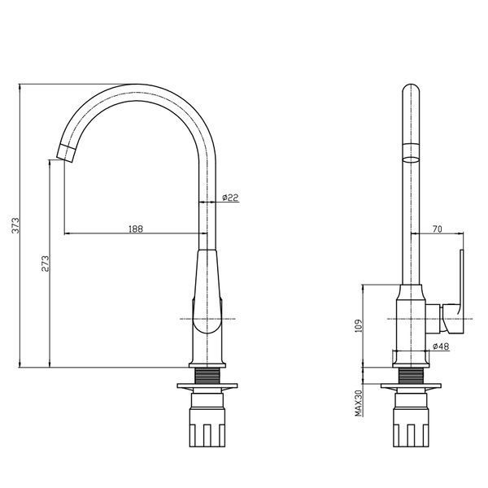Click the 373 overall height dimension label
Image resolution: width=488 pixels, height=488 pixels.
15,225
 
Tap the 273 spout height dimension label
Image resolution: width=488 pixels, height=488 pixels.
45,264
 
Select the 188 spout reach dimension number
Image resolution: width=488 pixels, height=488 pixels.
136,229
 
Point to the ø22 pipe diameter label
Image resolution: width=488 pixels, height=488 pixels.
230,198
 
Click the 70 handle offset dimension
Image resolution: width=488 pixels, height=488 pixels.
438,229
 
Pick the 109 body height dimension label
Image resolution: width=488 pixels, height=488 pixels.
359,325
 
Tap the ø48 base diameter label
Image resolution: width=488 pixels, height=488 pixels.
441,346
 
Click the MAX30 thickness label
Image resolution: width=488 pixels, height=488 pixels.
359,403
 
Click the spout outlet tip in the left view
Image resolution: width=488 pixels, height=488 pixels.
66,153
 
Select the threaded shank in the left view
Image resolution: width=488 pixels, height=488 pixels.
207,376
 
